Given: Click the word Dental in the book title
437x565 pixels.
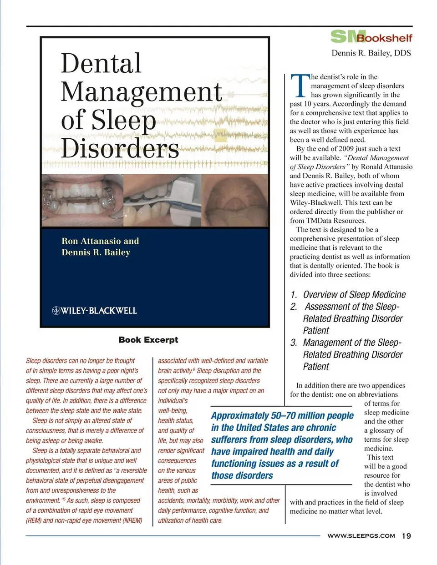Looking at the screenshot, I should (101, 63).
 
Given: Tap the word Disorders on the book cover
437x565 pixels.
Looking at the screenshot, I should (120, 148).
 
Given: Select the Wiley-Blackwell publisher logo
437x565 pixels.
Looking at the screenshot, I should (95, 311).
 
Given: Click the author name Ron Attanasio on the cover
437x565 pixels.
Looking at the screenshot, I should (91, 241).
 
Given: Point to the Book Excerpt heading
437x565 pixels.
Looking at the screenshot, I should (148, 340).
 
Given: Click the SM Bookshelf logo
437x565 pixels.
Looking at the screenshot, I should (371, 37).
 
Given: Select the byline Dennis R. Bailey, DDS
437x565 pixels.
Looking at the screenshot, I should (371, 53).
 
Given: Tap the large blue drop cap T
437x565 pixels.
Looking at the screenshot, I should (300, 86).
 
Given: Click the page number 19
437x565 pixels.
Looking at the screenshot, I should (407, 536).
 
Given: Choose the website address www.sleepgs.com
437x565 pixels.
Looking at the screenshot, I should (361, 536).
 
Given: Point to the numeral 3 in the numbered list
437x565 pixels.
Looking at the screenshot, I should (294, 343).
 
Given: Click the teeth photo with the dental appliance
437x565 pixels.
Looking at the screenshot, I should (82, 201).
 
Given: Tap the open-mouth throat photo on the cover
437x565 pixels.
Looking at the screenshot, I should (235, 201).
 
